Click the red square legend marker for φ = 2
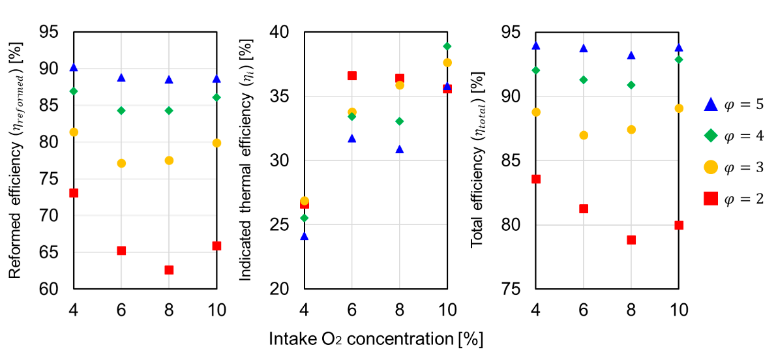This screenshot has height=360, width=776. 711,199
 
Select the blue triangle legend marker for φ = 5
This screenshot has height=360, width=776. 711,104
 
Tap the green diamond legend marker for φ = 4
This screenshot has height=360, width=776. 711,136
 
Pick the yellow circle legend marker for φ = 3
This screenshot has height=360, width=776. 711,168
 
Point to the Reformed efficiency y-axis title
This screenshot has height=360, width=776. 18,160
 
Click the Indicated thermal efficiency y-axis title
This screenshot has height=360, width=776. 247,160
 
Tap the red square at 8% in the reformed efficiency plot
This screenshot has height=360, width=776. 169,270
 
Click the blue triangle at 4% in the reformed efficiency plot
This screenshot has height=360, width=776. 74,67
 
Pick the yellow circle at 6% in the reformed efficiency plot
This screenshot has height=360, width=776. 121,163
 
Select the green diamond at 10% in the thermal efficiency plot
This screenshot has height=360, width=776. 447,46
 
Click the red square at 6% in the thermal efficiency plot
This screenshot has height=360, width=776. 352,76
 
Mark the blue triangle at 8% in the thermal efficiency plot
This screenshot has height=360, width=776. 400,149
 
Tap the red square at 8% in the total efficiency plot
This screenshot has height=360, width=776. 631,240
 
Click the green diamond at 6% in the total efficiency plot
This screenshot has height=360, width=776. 584,80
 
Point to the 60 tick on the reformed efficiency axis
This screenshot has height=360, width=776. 55,289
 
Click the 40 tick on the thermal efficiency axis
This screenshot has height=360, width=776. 286,32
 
